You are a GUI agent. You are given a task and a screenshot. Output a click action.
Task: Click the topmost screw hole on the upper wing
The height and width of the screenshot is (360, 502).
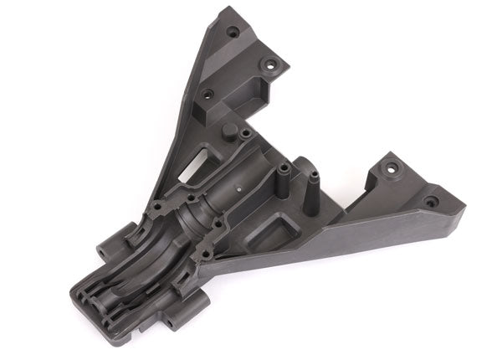click(x=233, y=32)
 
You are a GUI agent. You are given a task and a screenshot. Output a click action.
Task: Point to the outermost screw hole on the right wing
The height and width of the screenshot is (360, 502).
click(x=430, y=202)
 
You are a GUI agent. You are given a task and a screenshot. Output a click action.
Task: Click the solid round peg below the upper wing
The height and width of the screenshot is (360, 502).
click(x=228, y=130)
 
